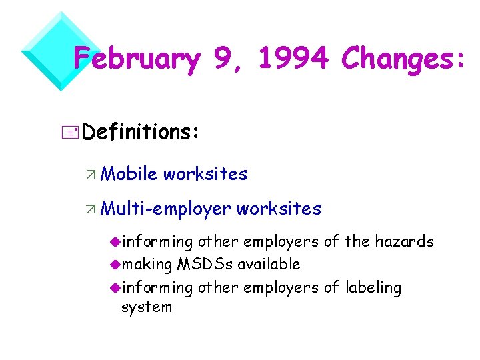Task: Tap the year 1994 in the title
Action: tap(294, 60)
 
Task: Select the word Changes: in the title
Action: tap(403, 60)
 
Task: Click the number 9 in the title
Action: tap(225, 60)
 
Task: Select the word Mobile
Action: tap(129, 175)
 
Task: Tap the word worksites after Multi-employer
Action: tap(279, 209)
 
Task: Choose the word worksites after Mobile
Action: tap(205, 175)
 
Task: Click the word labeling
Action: tap(373, 288)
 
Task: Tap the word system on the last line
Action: tap(147, 307)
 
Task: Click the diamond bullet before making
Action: tap(115, 265)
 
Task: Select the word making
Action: tap(147, 265)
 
